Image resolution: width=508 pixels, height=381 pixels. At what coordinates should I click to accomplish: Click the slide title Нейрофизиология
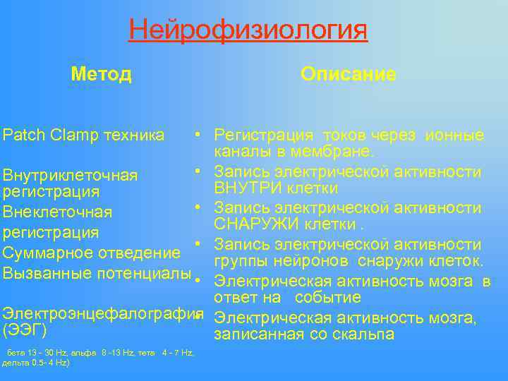click(248, 30)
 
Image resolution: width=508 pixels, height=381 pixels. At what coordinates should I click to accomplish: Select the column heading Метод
click(101, 74)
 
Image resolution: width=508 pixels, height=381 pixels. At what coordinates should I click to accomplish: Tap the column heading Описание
click(348, 74)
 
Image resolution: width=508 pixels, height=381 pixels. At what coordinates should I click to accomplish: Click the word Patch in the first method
click(22, 135)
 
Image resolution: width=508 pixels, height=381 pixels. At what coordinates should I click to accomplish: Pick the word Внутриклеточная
click(71, 174)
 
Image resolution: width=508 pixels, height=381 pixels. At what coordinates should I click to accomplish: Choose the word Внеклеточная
click(58, 212)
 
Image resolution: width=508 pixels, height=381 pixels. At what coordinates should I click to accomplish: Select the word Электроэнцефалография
click(99, 311)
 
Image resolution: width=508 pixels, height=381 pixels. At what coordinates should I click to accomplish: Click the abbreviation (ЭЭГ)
click(25, 330)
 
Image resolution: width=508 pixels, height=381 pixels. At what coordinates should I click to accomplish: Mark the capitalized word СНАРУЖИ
click(255, 225)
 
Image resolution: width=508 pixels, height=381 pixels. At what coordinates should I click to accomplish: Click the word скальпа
click(358, 334)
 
